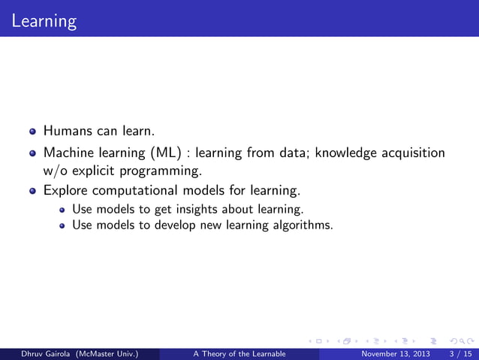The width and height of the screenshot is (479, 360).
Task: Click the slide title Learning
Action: click(44, 20)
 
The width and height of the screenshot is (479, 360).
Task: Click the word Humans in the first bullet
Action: click(67, 131)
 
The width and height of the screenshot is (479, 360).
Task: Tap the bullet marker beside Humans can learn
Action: click(32, 132)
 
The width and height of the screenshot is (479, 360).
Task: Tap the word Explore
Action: click(67, 191)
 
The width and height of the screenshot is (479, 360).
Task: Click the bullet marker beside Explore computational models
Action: click(32, 191)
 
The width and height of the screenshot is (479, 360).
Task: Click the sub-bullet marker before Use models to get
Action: click(62, 209)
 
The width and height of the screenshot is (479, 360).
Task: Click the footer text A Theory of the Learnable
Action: click(239, 354)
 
